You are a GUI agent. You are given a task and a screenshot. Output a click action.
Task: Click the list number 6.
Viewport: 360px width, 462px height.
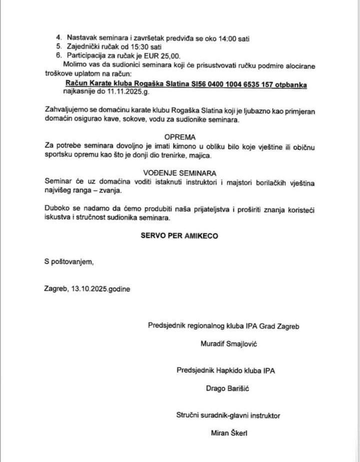58,56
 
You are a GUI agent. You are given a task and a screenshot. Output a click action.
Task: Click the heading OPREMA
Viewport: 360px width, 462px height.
179,137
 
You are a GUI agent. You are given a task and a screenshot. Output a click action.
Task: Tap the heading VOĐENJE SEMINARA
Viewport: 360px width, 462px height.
179,173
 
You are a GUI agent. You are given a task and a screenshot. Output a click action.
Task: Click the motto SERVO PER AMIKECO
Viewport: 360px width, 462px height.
179,236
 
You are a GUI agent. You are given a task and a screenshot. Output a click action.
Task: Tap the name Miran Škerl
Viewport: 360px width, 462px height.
227,433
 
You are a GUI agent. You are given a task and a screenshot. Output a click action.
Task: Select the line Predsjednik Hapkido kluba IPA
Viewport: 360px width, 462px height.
226,370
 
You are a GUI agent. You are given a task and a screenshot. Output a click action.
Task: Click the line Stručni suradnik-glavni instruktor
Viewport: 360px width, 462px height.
228,415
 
